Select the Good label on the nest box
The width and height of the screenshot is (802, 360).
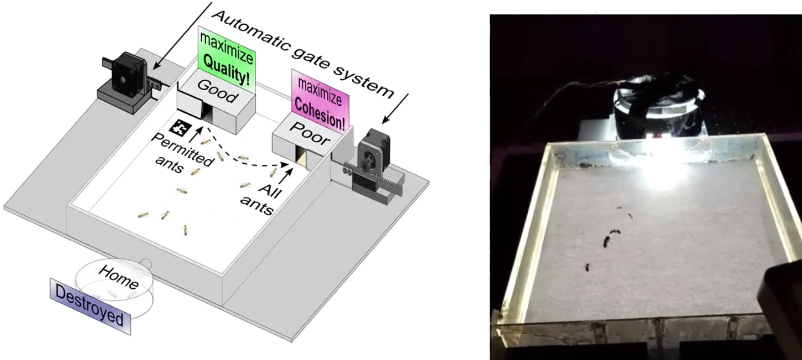click(216, 91)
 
